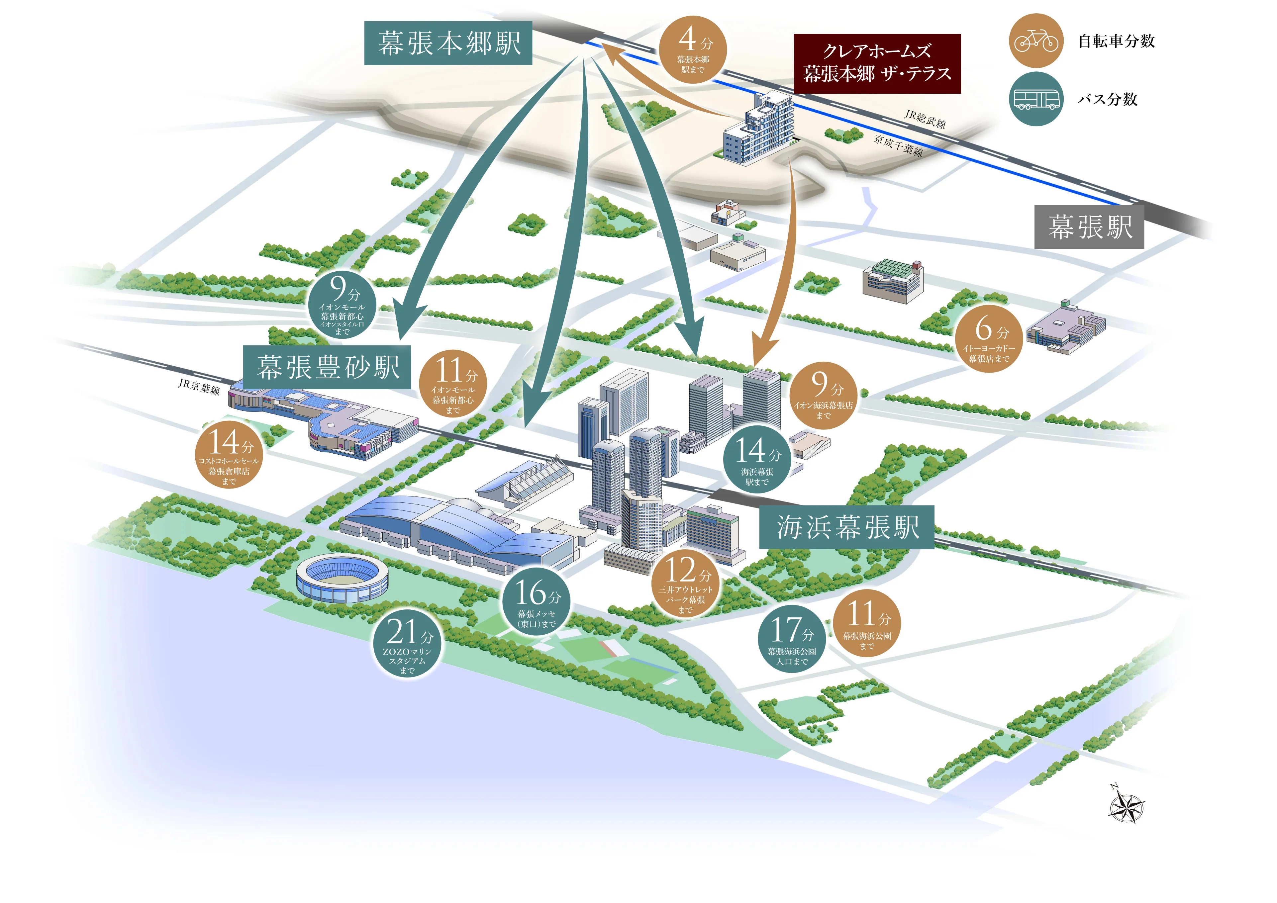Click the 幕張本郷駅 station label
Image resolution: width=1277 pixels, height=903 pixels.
[x=448, y=44]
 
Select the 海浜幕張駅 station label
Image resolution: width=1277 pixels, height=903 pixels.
[x=846, y=527]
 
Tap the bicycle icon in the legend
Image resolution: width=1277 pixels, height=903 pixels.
[x=1035, y=41]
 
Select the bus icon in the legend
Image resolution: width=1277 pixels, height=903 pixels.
[x=1035, y=99]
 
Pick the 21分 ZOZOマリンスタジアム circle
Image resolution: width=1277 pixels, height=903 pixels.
[x=408, y=644]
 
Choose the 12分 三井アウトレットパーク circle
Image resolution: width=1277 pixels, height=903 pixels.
[x=686, y=585]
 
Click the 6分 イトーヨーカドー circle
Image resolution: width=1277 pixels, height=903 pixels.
[x=989, y=338]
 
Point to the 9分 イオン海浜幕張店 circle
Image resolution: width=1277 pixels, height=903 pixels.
[x=823, y=395]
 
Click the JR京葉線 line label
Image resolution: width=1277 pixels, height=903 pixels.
[x=199, y=387]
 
